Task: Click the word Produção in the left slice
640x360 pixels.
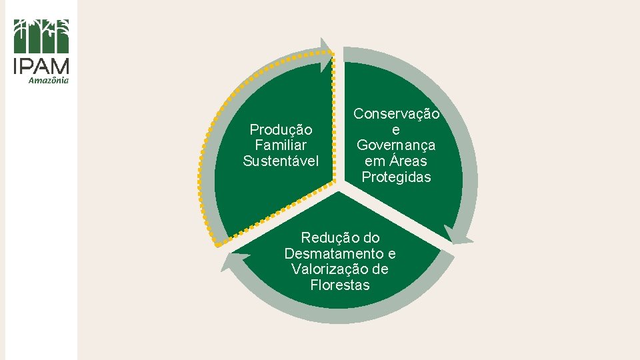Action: [281, 129]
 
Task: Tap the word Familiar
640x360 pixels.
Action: [281, 145]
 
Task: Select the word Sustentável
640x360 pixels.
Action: [281, 161]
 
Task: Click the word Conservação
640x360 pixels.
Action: [396, 114]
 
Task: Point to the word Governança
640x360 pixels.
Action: [396, 145]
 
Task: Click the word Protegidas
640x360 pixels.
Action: [396, 177]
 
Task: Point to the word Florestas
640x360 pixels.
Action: [339, 285]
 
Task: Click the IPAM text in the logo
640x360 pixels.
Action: [41, 67]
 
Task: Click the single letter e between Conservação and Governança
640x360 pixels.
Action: [396, 129]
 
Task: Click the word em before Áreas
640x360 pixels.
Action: [375, 161]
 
